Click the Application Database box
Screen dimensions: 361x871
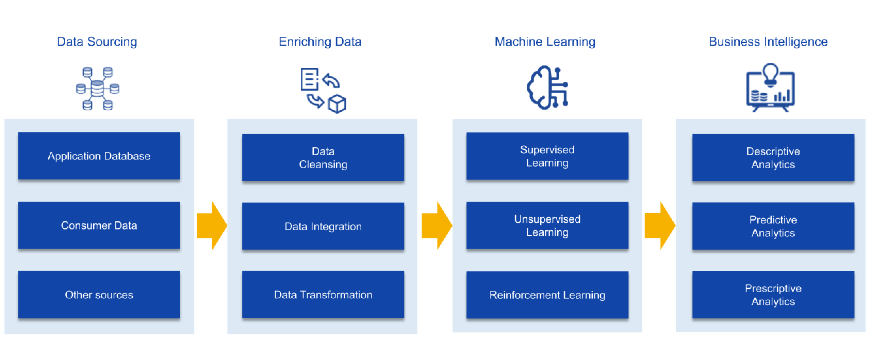(x=99, y=156)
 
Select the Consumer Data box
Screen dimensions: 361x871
(x=99, y=225)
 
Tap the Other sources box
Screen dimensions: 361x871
(x=99, y=295)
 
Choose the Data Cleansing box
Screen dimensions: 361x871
(x=323, y=158)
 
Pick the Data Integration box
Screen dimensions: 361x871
(x=323, y=226)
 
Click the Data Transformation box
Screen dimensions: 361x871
(x=323, y=295)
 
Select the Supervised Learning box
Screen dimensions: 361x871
(x=547, y=156)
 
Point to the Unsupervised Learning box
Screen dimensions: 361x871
(x=547, y=225)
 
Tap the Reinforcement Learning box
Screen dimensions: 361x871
(x=547, y=295)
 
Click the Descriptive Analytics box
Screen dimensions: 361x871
(x=773, y=158)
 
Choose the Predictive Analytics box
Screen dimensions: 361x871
(x=773, y=226)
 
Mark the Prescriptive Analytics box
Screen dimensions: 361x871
(x=773, y=295)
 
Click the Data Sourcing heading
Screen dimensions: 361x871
(x=97, y=42)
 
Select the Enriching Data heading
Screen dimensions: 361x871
(x=320, y=42)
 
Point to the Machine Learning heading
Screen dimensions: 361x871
(x=545, y=42)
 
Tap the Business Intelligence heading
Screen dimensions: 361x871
(x=768, y=42)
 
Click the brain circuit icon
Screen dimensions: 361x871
(x=547, y=88)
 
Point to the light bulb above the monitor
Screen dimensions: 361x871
(x=771, y=73)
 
